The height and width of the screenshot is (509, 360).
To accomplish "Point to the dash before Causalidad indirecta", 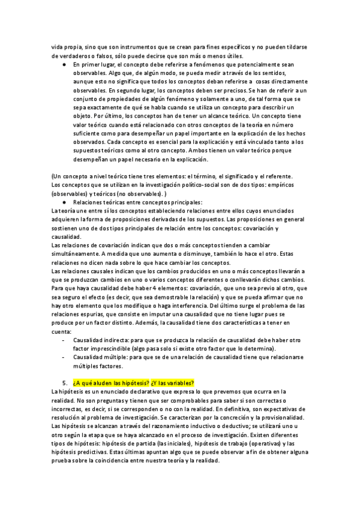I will click(x=64, y=340).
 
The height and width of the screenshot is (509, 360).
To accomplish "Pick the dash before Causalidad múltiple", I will click(x=64, y=358).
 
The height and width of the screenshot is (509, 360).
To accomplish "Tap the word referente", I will click(x=275, y=176).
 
